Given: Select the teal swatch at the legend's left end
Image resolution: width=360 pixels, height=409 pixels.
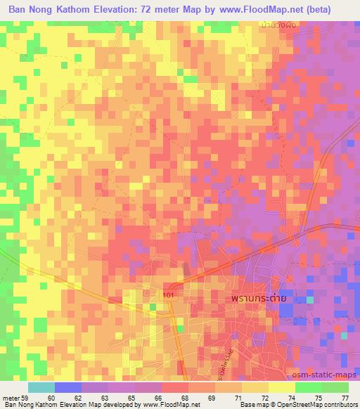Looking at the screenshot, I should (41, 387).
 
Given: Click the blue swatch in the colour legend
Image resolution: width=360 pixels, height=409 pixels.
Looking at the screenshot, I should (68, 387).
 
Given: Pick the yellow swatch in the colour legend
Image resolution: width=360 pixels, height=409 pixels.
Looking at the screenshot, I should (281, 387).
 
